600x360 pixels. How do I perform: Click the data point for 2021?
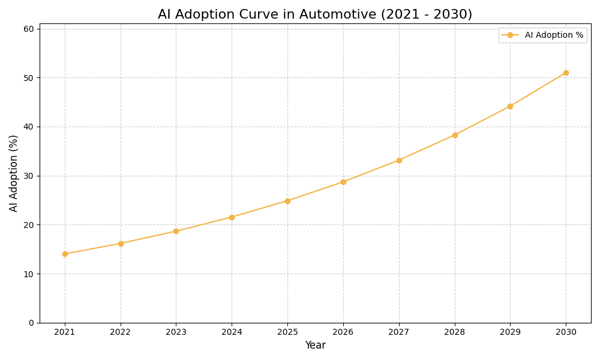(x=65, y=254)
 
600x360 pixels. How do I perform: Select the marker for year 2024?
(x=232, y=217)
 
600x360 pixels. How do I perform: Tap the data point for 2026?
(x=343, y=182)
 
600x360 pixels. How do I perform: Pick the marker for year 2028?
(x=455, y=135)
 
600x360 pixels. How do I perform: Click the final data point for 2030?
(x=566, y=73)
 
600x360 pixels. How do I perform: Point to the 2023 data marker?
(x=176, y=231)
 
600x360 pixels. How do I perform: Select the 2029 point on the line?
(x=510, y=106)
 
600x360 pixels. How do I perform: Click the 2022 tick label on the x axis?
(x=121, y=332)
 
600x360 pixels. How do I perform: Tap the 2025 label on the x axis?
(x=287, y=332)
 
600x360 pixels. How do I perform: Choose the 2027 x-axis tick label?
(x=399, y=332)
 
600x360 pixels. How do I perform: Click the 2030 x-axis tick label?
(x=566, y=332)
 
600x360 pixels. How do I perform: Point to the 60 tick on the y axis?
(x=28, y=29)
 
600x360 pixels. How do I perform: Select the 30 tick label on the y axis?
(x=28, y=176)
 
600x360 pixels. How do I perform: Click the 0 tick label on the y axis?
(x=31, y=323)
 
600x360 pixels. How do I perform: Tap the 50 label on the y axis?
(x=28, y=78)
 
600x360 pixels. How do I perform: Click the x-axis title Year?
(x=315, y=346)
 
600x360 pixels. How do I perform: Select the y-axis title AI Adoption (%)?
(x=14, y=173)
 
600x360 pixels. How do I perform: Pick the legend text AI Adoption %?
(x=554, y=35)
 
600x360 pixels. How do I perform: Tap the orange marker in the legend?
(x=510, y=35)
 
